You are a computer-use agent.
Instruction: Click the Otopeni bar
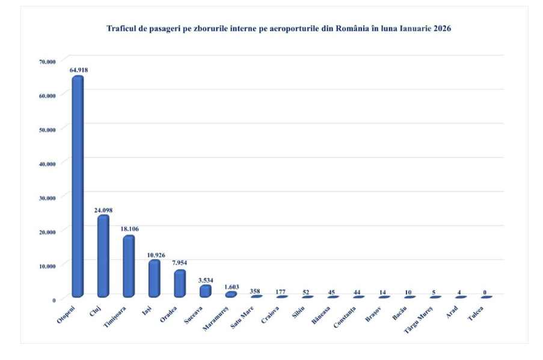click(x=78, y=186)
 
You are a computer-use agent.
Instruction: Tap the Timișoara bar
click(x=129, y=266)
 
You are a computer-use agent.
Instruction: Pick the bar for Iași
click(x=155, y=278)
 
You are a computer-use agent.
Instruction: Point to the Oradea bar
click(x=180, y=284)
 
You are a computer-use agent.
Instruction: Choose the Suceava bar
click(x=206, y=291)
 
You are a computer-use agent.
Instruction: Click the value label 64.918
click(x=79, y=70)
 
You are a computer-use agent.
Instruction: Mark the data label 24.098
click(x=103, y=210)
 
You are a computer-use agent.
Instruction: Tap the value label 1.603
click(x=232, y=287)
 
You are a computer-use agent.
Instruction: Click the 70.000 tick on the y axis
click(x=48, y=61)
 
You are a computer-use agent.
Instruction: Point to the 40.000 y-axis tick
click(x=48, y=163)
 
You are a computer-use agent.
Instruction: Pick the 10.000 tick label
click(x=48, y=266)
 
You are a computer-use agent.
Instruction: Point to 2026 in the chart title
click(x=440, y=28)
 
